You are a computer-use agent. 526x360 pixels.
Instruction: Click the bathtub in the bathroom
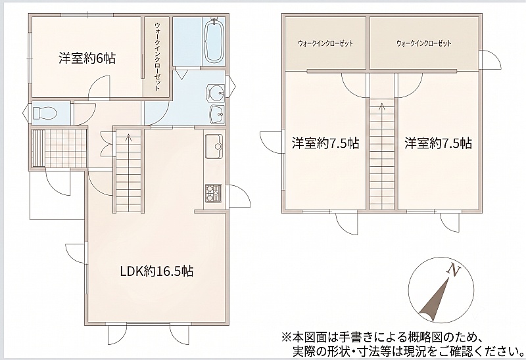214,41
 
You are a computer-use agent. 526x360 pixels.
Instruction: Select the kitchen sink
214,146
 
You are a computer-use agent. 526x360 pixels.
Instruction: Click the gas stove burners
213,193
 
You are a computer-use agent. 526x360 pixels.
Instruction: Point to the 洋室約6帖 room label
87,58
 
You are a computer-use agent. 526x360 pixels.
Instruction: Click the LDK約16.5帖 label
156,271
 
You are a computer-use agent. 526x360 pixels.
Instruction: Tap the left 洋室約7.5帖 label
325,143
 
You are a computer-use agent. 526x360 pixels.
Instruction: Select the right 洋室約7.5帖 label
438,143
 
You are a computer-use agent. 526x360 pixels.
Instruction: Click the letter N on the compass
454,269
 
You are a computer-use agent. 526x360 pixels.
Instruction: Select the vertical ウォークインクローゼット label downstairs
157,56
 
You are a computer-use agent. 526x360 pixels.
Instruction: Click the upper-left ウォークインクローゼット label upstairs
325,43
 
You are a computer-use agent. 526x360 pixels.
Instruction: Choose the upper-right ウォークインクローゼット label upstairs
423,43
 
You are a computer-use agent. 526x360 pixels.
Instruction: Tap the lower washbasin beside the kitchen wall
217,115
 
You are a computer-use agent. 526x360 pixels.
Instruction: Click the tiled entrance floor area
59,148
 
